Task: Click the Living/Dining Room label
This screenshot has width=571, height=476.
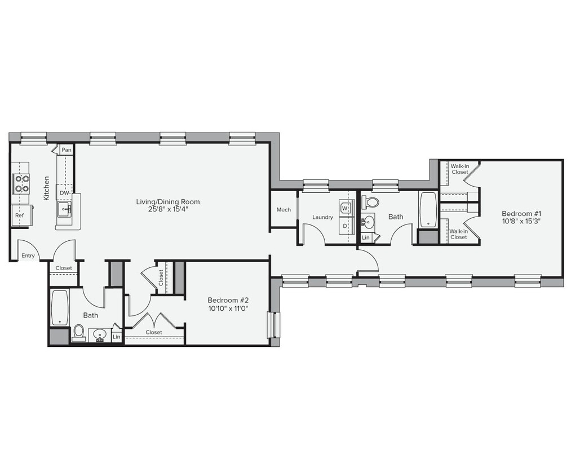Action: pyautogui.click(x=167, y=201)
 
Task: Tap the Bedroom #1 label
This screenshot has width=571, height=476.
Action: pyautogui.click(x=521, y=214)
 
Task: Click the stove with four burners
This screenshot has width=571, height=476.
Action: pyautogui.click(x=21, y=183)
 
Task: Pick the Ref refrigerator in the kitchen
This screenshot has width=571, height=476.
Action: pyautogui.click(x=20, y=215)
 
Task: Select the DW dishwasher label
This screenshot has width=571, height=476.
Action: pyautogui.click(x=64, y=192)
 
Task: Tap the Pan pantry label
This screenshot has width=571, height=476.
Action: pyautogui.click(x=67, y=150)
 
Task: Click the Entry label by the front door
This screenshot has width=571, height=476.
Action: pyautogui.click(x=28, y=255)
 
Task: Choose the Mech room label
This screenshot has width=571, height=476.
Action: pyautogui.click(x=284, y=210)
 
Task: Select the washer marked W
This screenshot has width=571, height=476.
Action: pyautogui.click(x=345, y=208)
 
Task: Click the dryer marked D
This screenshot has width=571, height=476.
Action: pyautogui.click(x=345, y=226)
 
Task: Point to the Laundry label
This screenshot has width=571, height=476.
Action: pyautogui.click(x=322, y=217)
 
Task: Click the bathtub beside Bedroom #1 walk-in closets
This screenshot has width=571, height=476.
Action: pyautogui.click(x=428, y=209)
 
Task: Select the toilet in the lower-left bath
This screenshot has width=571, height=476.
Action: pyautogui.click(x=78, y=333)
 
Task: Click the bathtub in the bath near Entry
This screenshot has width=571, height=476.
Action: pyautogui.click(x=59, y=307)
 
